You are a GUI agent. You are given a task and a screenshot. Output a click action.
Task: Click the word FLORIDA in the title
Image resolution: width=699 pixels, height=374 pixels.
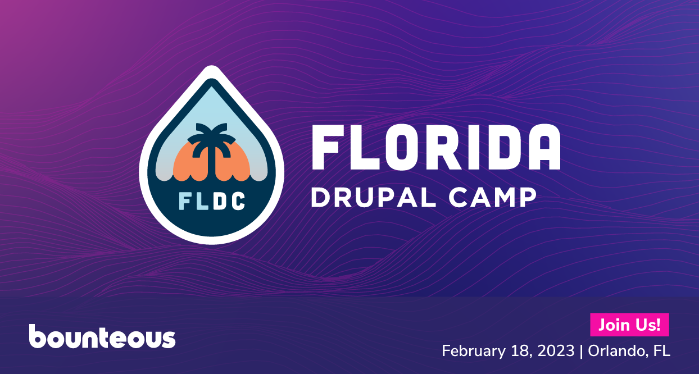pos(435,147)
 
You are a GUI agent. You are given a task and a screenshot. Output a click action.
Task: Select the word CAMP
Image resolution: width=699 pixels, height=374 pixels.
pos(494,198)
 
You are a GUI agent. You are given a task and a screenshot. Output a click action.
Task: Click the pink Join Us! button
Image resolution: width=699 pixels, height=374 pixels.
pos(629,325)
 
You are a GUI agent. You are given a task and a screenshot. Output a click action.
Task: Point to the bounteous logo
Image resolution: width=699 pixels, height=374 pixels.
pos(102,337)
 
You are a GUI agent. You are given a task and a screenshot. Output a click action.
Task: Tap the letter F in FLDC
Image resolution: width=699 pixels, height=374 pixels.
pos(185,200)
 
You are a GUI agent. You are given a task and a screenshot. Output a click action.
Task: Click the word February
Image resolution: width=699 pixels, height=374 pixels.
pos(469,352)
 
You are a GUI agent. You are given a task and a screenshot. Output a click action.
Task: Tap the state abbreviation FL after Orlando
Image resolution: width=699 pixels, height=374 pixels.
pos(662,351)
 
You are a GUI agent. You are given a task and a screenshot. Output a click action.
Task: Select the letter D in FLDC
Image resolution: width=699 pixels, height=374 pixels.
pos(220,200)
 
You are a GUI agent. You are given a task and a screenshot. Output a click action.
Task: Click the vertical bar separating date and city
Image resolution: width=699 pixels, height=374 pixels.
pos(582,352)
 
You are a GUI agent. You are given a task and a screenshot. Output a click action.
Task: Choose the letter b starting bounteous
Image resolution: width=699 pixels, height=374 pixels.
pos(38,336)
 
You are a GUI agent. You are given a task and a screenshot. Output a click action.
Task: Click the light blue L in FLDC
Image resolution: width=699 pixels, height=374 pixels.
pos(201,200)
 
